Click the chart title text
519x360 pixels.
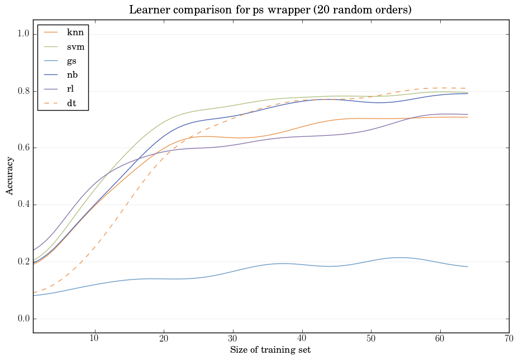coord(270,10)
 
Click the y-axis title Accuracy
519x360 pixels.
coord(10,176)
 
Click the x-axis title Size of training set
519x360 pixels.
coord(270,350)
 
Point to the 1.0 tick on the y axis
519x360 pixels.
coord(22,34)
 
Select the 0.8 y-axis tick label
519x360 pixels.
coord(22,91)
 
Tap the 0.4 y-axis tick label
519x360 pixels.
coord(22,205)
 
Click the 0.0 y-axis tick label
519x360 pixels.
coord(22,319)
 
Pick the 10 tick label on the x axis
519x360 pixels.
coord(94,339)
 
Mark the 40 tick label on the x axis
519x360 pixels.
coord(302,339)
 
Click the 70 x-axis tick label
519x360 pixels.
coord(509,339)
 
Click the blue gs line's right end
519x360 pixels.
coord(468,267)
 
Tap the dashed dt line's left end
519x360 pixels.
coord(35,292)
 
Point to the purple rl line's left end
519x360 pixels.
coord(35,250)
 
